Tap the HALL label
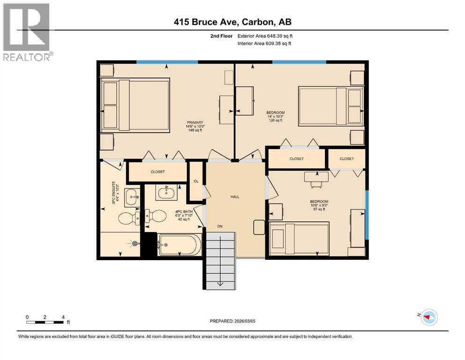coord(235,196)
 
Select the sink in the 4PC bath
coord(165,192)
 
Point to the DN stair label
coord(220,226)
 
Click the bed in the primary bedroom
coord(136,105)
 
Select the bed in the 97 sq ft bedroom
coord(299,238)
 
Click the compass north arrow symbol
coord(428,317)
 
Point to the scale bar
coord(45,322)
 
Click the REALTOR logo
coord(27,32)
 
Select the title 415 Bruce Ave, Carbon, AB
coord(232,22)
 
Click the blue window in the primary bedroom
coord(167,62)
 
